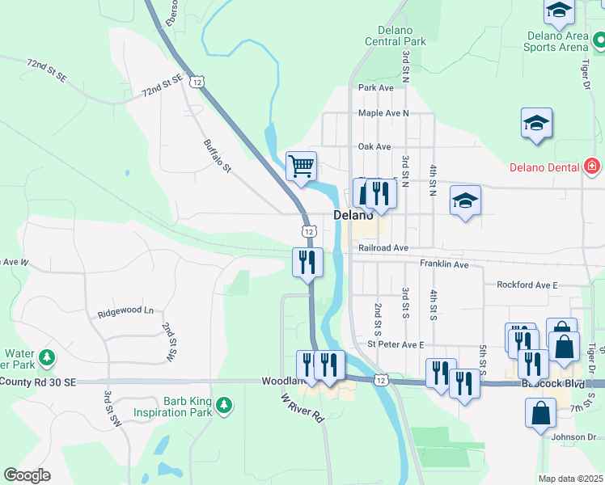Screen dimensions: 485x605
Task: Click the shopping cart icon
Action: click(x=301, y=167)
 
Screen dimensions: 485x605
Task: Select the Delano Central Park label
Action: click(x=395, y=36)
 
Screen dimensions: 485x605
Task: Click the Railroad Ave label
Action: click(x=384, y=248)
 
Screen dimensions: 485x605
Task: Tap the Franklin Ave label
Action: click(x=444, y=264)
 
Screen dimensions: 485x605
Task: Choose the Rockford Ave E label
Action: click(x=527, y=285)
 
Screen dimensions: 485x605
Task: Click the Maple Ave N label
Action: click(x=383, y=113)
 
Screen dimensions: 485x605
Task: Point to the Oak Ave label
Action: click(x=374, y=146)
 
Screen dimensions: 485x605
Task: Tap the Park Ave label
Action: click(x=375, y=87)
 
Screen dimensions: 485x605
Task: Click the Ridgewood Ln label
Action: click(x=125, y=311)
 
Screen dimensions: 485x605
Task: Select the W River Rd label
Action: click(x=302, y=407)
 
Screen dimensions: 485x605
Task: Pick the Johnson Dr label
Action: click(x=573, y=437)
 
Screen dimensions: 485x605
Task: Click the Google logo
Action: click(x=27, y=475)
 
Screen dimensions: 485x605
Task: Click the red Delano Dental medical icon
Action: click(x=592, y=167)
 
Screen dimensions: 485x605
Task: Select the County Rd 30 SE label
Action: click(x=38, y=382)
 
